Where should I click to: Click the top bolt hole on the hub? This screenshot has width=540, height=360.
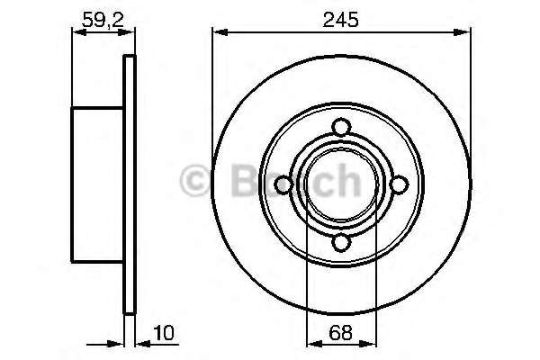(x=341, y=127)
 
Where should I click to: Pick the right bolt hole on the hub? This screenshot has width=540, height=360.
(x=399, y=184)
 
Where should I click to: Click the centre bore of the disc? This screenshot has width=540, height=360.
(x=341, y=184)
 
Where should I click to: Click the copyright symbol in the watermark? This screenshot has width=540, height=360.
(x=195, y=181)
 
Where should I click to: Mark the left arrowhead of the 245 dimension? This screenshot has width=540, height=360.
(x=218, y=34)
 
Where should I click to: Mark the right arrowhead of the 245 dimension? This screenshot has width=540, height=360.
(x=465, y=34)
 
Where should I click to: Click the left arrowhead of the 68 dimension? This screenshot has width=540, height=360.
(x=312, y=343)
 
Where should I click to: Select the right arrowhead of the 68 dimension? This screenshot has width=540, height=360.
(x=371, y=343)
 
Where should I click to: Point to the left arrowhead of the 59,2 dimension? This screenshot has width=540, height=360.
(x=76, y=34)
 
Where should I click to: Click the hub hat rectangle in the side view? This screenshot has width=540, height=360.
(x=97, y=184)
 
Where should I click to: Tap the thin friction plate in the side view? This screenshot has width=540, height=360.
(x=129, y=184)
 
